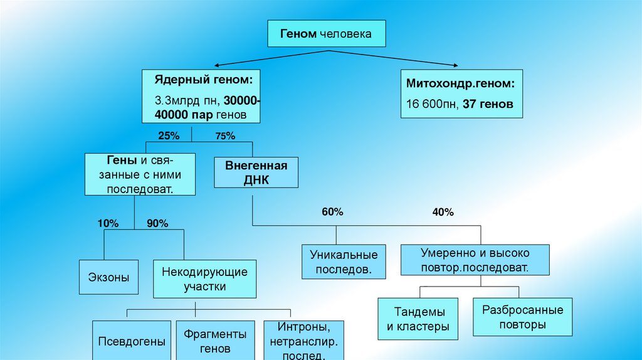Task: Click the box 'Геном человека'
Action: [x=326, y=33]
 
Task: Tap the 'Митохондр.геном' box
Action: [x=461, y=93]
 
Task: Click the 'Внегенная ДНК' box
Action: [x=256, y=172]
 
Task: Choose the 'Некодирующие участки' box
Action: [x=204, y=279]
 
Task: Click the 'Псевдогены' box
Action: [x=132, y=341]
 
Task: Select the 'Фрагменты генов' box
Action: [x=215, y=341]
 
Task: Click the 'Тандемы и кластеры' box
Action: [x=418, y=319]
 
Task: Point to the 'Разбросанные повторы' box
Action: [x=522, y=317]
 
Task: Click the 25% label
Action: [x=169, y=135]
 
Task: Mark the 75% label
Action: [x=225, y=135]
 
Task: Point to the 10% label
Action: [x=107, y=222]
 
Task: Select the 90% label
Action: [x=157, y=222]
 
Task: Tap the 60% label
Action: [x=332, y=212]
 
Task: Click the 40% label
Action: [x=443, y=212]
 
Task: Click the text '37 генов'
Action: [x=488, y=104]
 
